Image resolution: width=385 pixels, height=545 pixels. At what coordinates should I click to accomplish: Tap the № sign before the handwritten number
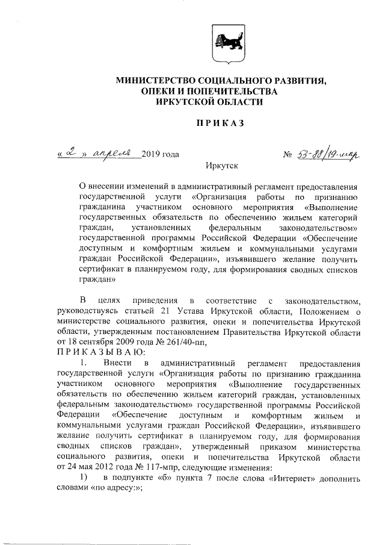[287, 155]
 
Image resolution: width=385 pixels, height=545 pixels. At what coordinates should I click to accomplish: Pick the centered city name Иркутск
[221, 166]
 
